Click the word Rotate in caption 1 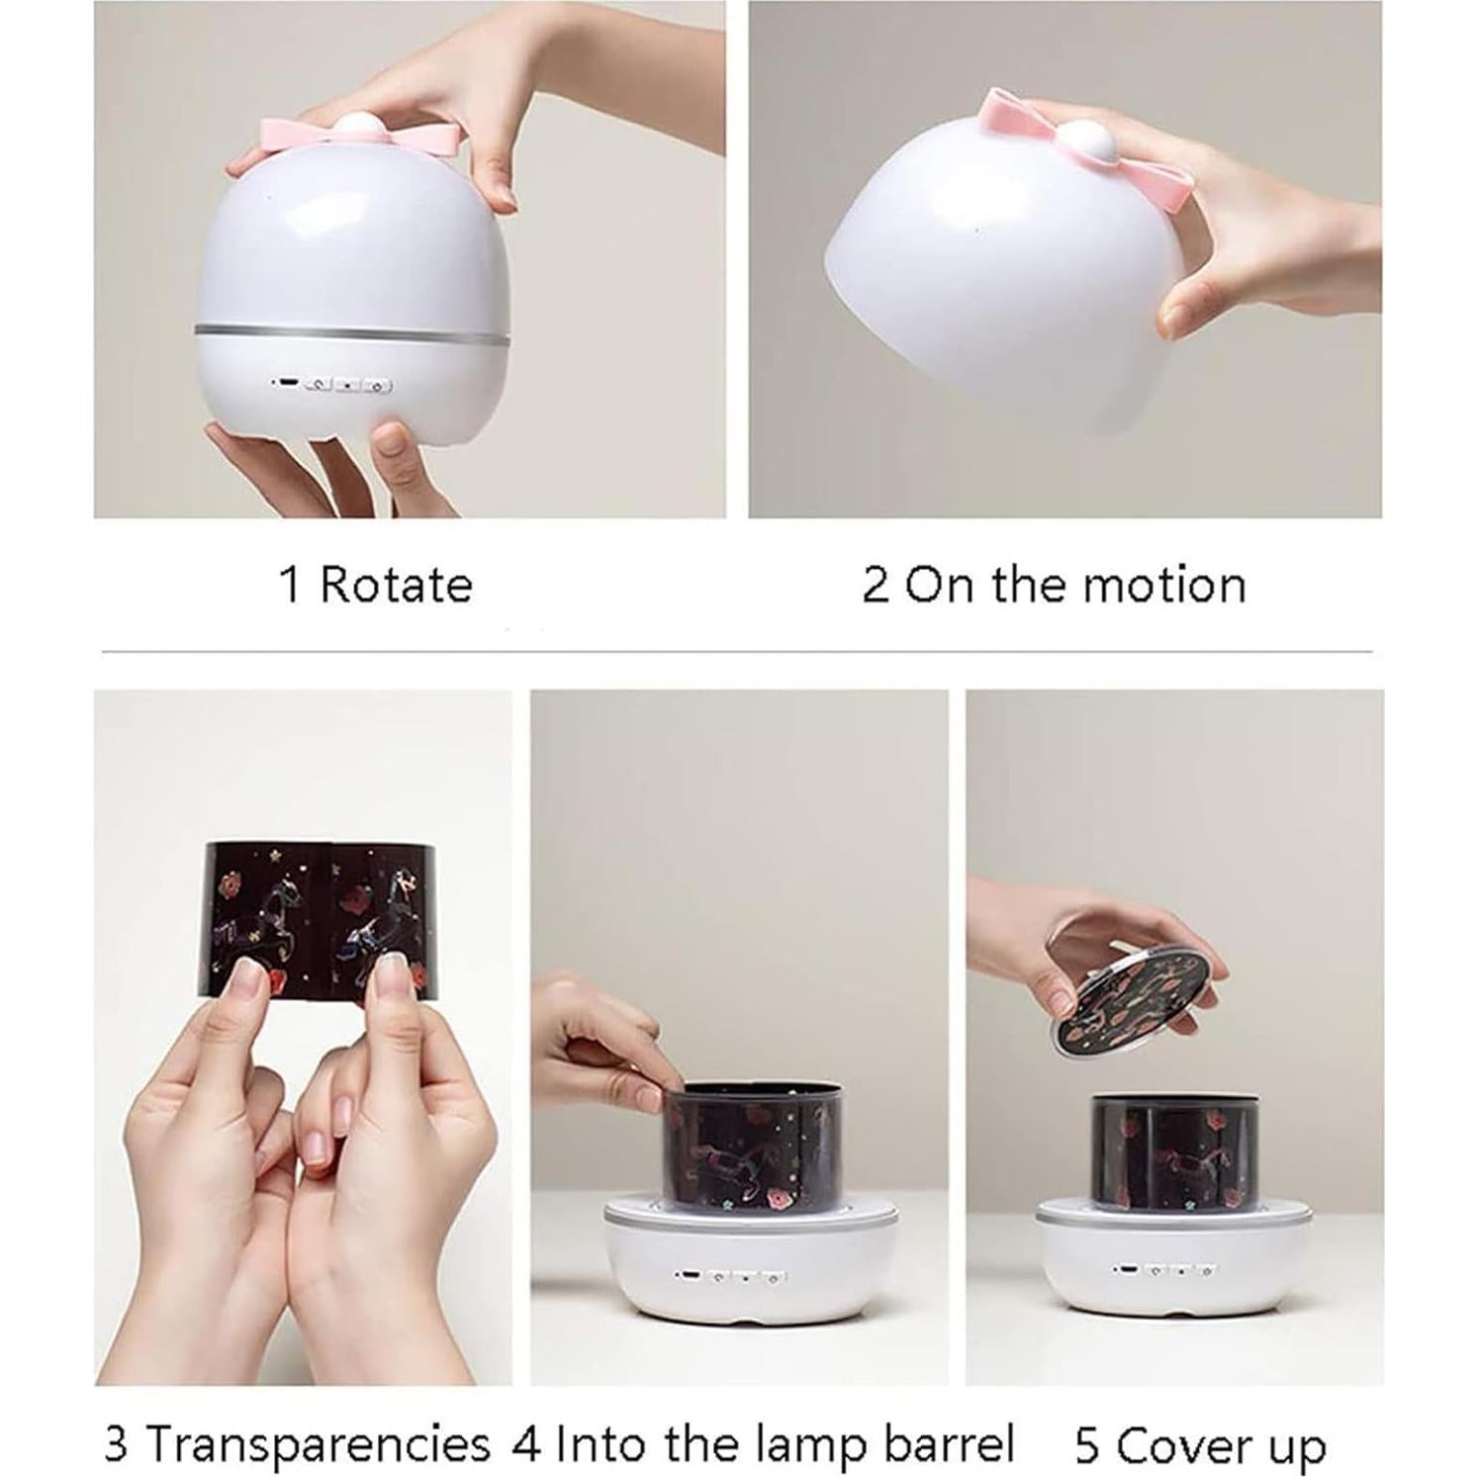coord(396,585)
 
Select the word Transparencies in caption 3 coord(318,1444)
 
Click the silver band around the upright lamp coord(351,329)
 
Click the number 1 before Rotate coord(290,585)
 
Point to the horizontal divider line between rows coord(737,652)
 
